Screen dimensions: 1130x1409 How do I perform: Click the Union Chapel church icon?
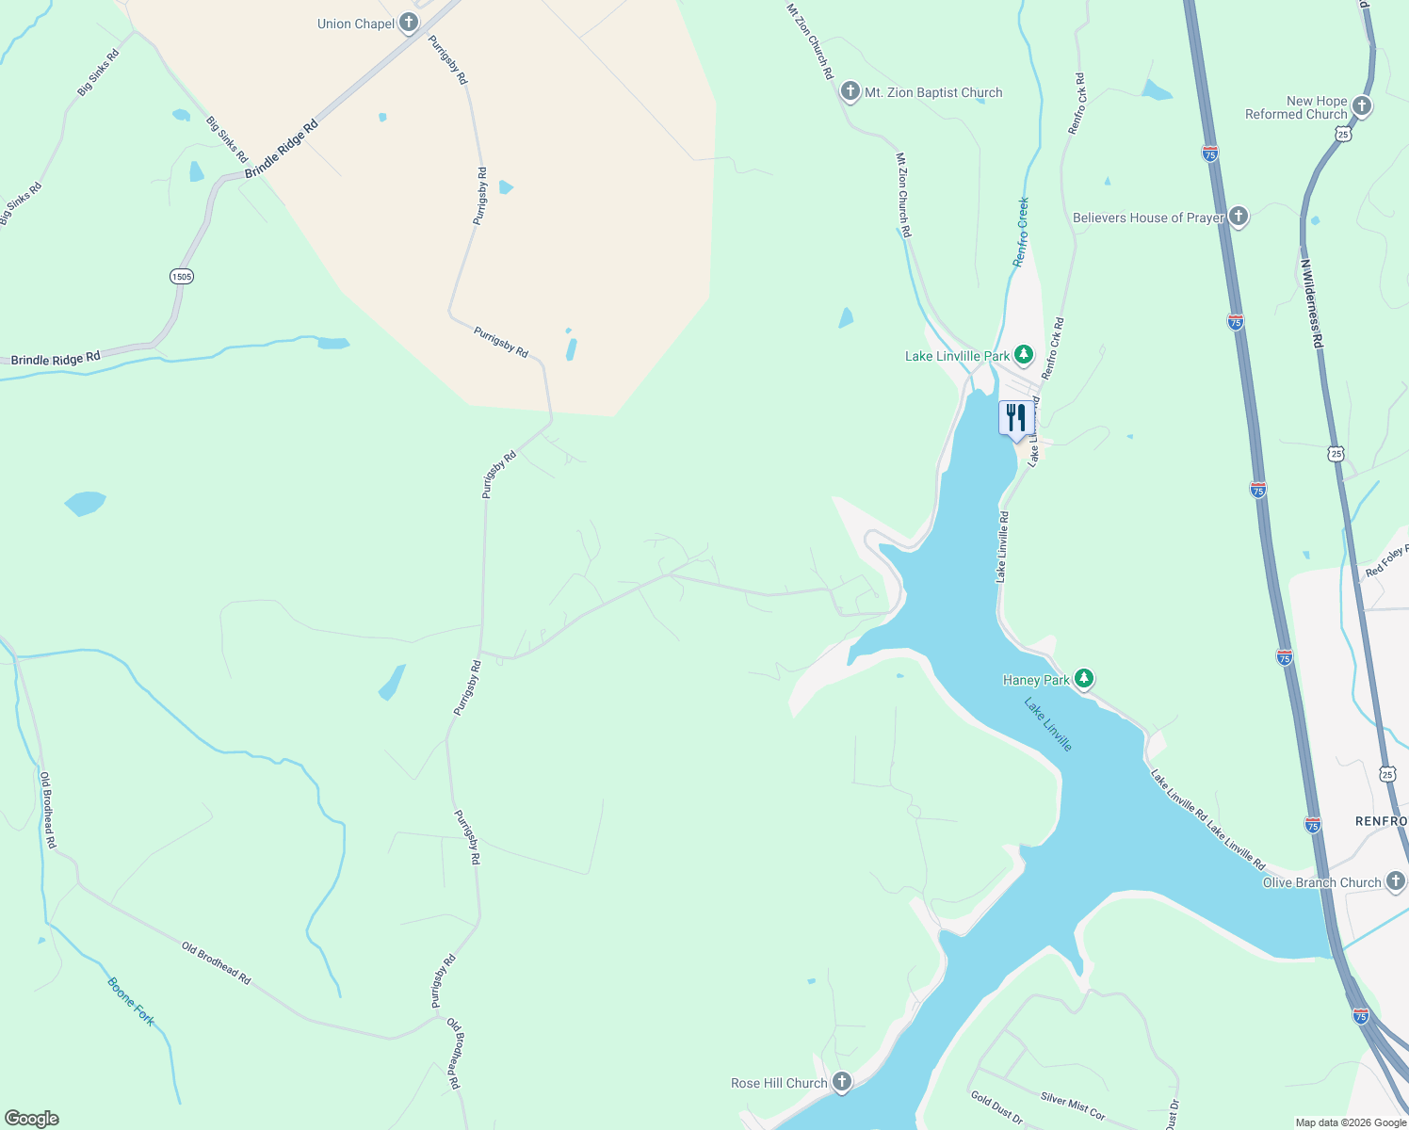[x=408, y=23]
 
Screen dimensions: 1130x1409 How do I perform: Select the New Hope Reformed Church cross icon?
[x=1361, y=106]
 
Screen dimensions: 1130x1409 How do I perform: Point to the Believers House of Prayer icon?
[x=1238, y=218]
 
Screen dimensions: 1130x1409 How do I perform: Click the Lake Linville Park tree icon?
[x=1023, y=356]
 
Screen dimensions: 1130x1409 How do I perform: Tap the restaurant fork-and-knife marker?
[x=1015, y=418]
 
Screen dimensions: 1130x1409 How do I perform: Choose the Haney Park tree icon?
[x=1084, y=678]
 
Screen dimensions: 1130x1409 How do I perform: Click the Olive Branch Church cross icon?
[x=1395, y=881]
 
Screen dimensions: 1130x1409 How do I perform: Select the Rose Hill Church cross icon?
[x=841, y=1082]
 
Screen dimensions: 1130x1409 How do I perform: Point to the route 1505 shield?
[x=182, y=276]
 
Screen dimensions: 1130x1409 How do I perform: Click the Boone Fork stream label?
[x=130, y=1002]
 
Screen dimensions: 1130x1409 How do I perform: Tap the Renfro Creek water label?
[x=1021, y=232]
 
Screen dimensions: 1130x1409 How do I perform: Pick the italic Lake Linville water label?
[x=1048, y=724]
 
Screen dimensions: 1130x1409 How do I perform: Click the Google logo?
[x=32, y=1118]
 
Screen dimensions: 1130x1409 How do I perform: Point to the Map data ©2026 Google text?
[x=1351, y=1122]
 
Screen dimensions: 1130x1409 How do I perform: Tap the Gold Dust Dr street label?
[x=996, y=1106]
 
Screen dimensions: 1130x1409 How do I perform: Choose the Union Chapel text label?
[x=356, y=24]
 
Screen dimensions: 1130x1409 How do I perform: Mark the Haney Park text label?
[x=1035, y=680]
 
